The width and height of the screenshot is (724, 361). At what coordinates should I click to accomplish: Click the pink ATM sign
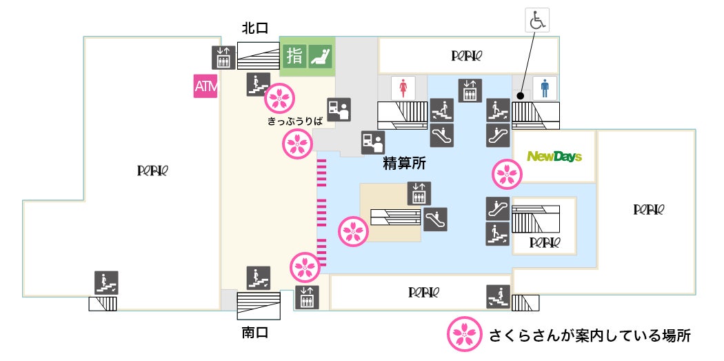[x=205, y=86]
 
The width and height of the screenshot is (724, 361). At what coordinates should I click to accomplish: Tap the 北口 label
[x=254, y=28]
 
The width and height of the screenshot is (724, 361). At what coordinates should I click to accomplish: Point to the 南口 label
[x=254, y=333]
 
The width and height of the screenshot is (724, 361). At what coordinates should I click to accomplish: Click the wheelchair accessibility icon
[x=536, y=21]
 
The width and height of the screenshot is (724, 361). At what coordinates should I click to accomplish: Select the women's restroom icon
[x=403, y=88]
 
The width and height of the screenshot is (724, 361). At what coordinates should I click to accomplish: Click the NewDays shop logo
[x=554, y=157]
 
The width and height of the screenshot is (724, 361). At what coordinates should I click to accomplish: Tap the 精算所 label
[x=405, y=164]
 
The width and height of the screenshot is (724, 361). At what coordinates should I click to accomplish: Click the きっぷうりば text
[x=295, y=120]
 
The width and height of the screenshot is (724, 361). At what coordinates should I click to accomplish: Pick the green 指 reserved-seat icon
[x=294, y=55]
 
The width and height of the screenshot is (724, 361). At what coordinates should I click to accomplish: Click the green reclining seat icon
[x=319, y=55]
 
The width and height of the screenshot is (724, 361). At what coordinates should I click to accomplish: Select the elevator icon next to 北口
[x=222, y=57]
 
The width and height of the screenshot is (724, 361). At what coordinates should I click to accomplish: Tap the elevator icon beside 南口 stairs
[x=307, y=297]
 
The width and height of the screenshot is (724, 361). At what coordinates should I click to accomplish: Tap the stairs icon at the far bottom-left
[x=106, y=282]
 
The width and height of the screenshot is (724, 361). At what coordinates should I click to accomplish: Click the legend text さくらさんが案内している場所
[x=590, y=336]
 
